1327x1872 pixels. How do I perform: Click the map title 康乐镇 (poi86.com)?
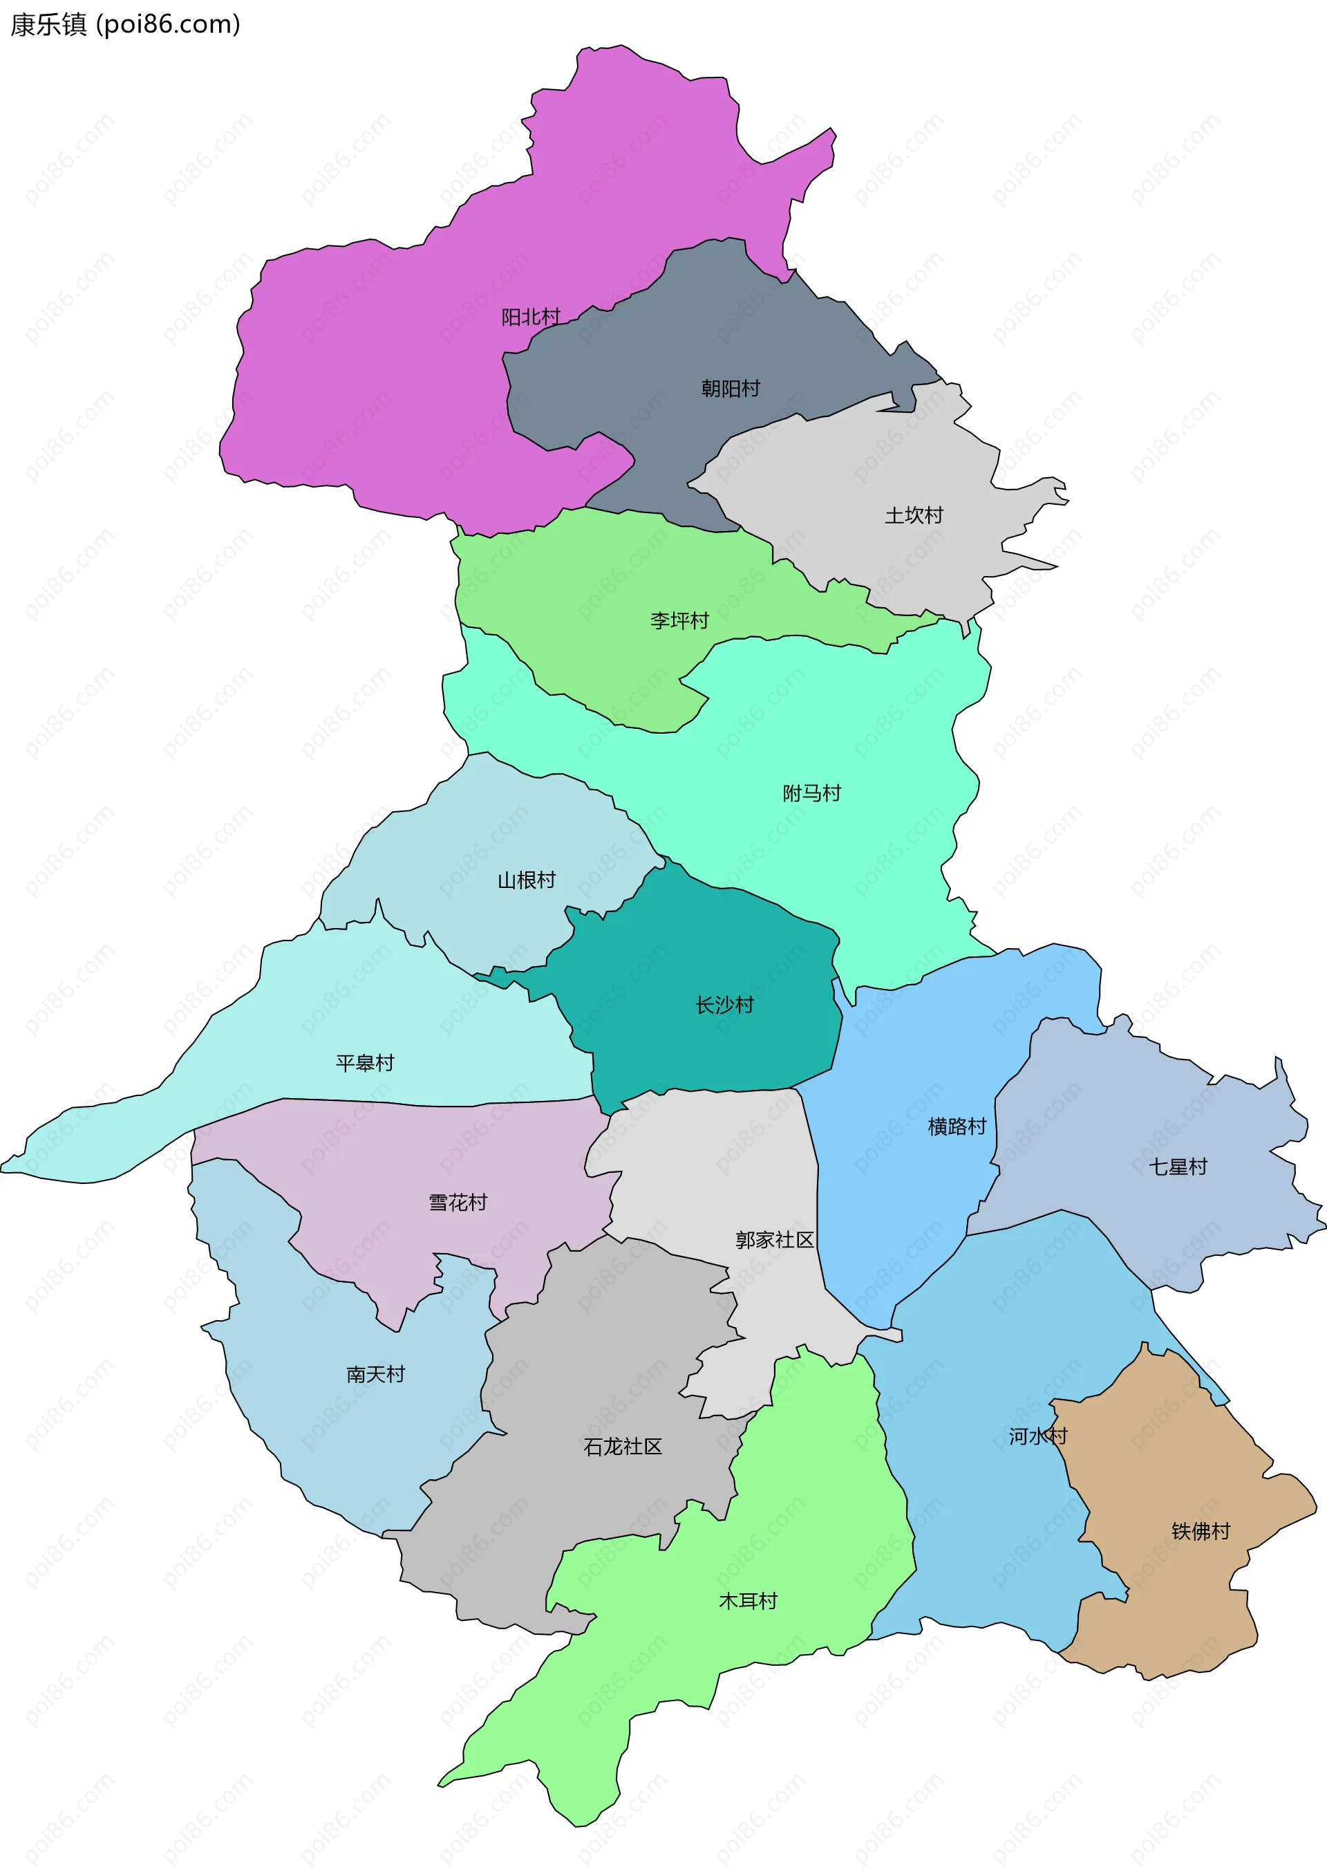(x=125, y=24)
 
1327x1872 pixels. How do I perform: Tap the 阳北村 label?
(x=530, y=317)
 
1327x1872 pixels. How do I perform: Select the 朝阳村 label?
(x=731, y=388)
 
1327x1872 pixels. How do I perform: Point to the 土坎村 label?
(x=914, y=515)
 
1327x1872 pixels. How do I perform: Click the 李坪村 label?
(x=679, y=620)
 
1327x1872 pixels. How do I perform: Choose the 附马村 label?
(x=811, y=793)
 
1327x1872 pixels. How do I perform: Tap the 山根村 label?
(x=526, y=880)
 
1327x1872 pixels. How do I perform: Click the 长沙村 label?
(x=724, y=1005)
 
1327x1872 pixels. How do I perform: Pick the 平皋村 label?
(x=364, y=1063)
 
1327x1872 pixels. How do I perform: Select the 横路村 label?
(x=957, y=1127)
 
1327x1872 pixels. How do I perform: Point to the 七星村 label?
(x=1178, y=1167)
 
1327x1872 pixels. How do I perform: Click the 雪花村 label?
(x=458, y=1203)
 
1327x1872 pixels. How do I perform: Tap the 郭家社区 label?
(x=774, y=1240)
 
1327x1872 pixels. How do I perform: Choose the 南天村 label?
(x=375, y=1374)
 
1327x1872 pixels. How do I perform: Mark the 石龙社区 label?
(x=623, y=1447)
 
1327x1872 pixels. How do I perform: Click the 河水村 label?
(x=1037, y=1436)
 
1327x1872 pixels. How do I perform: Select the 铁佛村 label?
(x=1201, y=1531)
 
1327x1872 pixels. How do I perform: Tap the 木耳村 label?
(x=748, y=1601)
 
